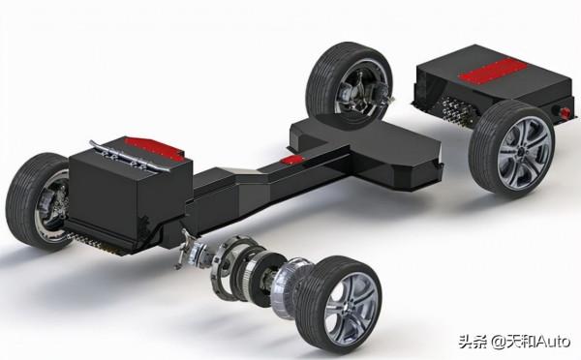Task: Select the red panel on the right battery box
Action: (493, 71)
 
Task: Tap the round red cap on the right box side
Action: (565, 112)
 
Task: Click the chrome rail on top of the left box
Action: (130, 157)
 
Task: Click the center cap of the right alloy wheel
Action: (522, 152)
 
